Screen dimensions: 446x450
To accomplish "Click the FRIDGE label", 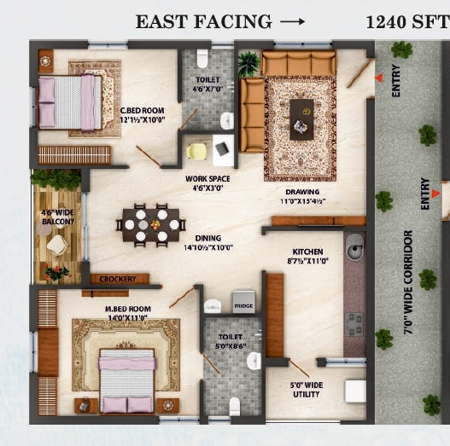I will [243, 305].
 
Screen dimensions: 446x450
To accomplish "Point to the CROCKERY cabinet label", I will [119, 279].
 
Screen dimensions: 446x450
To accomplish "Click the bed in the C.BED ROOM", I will [70, 102].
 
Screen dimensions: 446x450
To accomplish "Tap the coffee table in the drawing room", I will [301, 118].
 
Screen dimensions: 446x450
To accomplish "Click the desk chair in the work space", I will [196, 151].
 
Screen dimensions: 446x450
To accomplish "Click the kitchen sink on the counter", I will [354, 250].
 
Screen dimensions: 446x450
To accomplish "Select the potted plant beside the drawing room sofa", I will [248, 63].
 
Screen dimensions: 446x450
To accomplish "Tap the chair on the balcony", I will [57, 245].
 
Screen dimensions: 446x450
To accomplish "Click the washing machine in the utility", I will [354, 391].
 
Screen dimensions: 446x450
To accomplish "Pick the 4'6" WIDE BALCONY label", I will [58, 217].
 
